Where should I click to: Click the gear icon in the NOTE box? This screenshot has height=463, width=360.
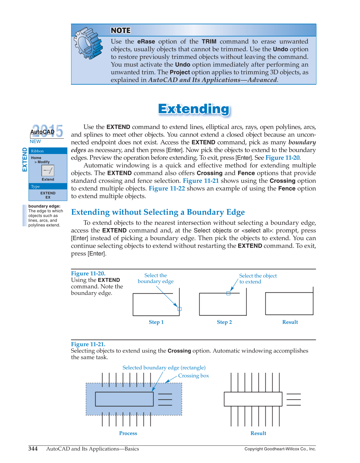point(88,43)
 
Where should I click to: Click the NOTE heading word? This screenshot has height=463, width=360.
point(121,30)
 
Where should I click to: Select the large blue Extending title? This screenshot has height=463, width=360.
point(194,109)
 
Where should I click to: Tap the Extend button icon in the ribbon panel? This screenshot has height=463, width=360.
point(48,171)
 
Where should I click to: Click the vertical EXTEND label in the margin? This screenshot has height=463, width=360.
point(24,160)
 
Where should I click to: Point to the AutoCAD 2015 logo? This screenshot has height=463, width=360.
point(46,131)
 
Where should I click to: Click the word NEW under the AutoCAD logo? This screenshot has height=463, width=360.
point(35,141)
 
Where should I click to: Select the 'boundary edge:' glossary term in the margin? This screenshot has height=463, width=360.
point(44,206)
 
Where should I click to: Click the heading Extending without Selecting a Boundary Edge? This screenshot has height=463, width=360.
point(158,212)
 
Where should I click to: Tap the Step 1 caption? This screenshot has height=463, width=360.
point(156,322)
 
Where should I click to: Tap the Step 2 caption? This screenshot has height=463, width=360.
point(224,322)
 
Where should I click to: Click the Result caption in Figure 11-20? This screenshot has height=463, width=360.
point(290,322)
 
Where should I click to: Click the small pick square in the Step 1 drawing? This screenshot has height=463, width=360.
point(180,309)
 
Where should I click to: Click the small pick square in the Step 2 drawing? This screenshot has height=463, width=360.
point(228,293)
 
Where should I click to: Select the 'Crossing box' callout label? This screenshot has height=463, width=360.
point(193,376)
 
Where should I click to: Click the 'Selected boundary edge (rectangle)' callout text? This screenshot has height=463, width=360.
point(164,368)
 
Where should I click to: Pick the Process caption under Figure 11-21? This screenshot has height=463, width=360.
point(128,433)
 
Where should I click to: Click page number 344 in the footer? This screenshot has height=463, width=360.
point(33,449)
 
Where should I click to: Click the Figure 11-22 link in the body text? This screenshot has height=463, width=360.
point(167,188)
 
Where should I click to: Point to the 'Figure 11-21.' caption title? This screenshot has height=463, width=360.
point(88,344)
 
